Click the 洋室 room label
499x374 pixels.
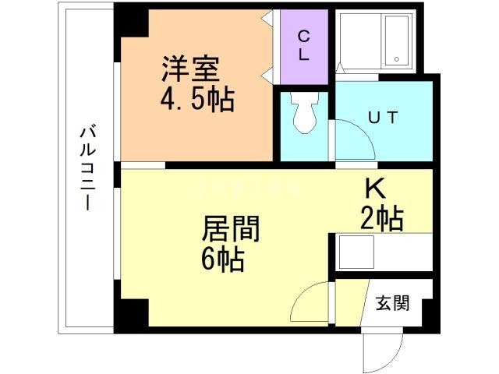click(189, 69)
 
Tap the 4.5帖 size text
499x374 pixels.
click(197, 100)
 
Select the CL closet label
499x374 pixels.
click(303, 45)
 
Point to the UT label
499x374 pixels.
click(384, 118)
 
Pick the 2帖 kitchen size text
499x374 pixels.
click(381, 219)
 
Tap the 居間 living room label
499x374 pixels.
click(230, 228)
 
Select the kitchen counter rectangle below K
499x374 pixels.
click(382, 252)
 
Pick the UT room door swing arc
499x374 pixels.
click(355, 140)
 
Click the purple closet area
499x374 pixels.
click(303, 47)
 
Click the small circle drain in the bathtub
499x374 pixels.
click(395, 59)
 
